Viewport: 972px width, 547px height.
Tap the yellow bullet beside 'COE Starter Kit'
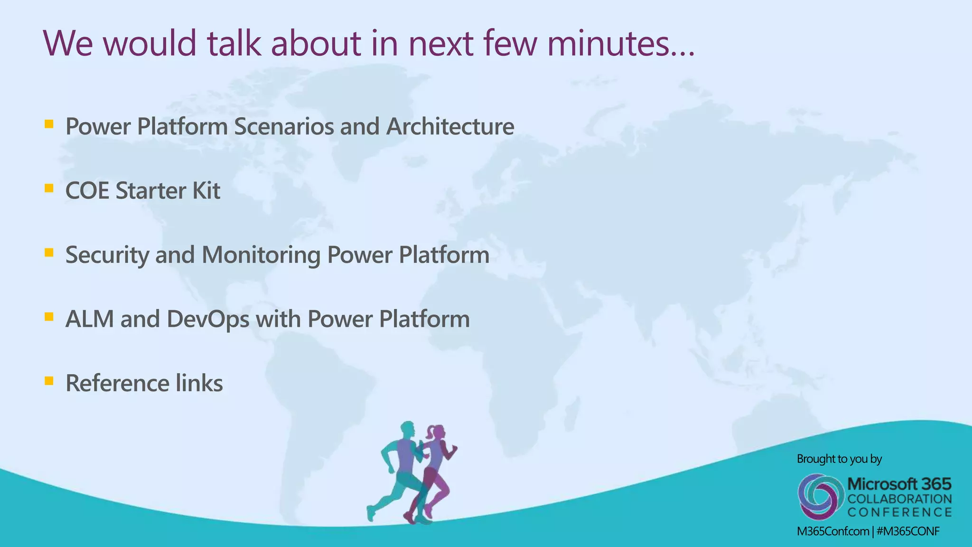(48, 189)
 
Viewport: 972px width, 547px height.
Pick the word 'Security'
(107, 255)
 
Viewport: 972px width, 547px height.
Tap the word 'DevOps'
(208, 319)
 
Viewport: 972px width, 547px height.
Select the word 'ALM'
(90, 319)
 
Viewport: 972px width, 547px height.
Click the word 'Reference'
(117, 383)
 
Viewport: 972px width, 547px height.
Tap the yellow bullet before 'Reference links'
(48, 381)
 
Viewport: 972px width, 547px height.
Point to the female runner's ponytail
(430, 433)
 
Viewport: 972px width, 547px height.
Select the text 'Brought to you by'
(839, 459)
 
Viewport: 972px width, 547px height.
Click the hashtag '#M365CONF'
(908, 531)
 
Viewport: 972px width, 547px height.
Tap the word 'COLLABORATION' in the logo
(900, 499)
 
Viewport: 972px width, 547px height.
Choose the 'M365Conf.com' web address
(833, 531)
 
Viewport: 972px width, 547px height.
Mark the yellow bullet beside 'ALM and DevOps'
(48, 317)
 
